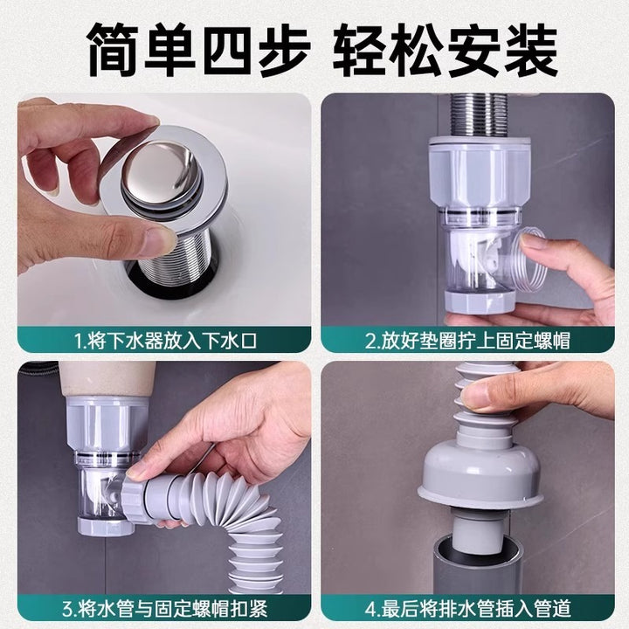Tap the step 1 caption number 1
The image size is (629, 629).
(x=79, y=341)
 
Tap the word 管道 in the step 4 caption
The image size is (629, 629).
(x=553, y=609)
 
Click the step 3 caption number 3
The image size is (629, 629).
(x=66, y=609)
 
